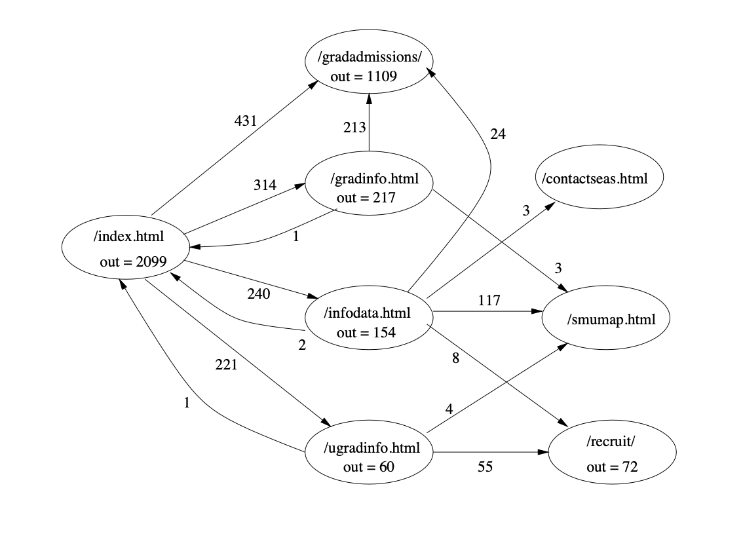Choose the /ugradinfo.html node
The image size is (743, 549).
tap(371, 457)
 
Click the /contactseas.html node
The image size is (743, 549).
tap(600, 178)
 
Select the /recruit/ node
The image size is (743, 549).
tap(611, 453)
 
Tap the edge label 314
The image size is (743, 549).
tap(265, 185)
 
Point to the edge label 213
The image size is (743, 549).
tap(354, 127)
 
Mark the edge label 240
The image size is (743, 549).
tap(258, 294)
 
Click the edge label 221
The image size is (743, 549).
tap(226, 366)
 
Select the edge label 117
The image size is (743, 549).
tap(489, 301)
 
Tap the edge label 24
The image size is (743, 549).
tap(497, 134)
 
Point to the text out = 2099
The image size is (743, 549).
tap(133, 262)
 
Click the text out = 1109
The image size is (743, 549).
tap(364, 77)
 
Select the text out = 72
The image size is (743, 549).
tap(612, 467)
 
